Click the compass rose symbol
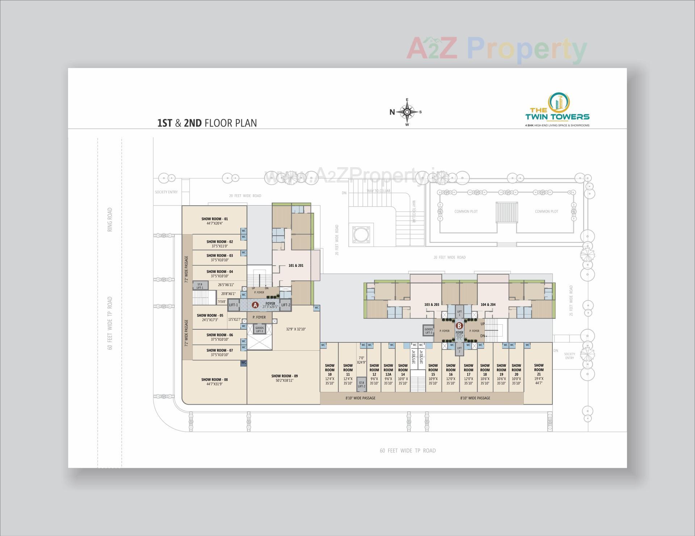click(x=407, y=112)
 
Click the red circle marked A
click(x=255, y=305)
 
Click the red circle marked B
click(x=459, y=325)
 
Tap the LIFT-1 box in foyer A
click(x=233, y=305)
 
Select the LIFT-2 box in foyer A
click(x=286, y=305)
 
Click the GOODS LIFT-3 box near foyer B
click(x=429, y=331)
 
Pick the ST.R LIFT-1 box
click(x=200, y=286)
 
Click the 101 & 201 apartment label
click(x=296, y=266)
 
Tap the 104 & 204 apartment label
click(x=488, y=305)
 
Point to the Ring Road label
click(x=110, y=219)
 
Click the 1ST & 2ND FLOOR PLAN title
click(x=207, y=123)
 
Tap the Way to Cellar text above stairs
click(x=379, y=191)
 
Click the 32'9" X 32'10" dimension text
click(x=296, y=329)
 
